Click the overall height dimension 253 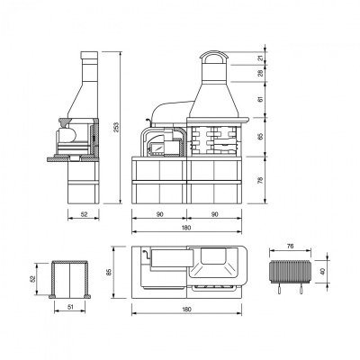[x=115, y=130]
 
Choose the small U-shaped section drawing [x=71, y=279]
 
